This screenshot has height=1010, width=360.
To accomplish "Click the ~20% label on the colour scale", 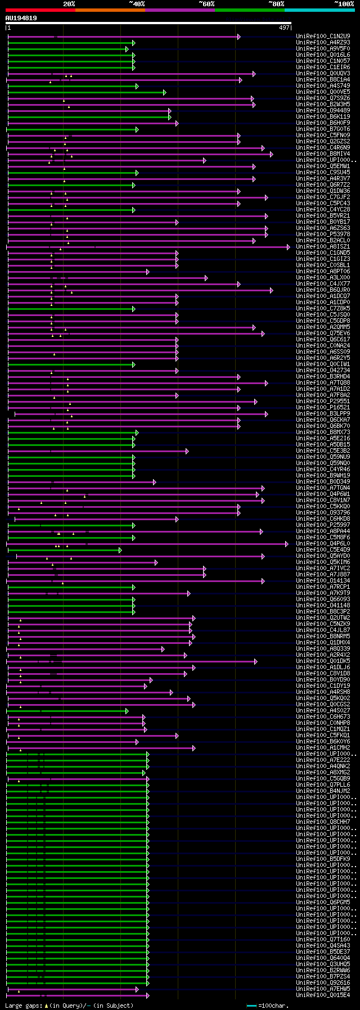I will [69, 4].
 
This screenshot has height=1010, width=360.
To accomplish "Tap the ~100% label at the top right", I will [344, 4].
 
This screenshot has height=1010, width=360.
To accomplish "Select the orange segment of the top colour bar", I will [110, 10].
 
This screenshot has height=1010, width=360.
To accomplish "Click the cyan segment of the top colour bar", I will [319, 10].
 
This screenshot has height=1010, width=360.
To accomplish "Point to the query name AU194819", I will [21, 18].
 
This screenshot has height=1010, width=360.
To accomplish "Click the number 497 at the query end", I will [284, 28].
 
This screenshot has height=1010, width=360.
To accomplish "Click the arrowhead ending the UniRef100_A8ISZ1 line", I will [289, 247].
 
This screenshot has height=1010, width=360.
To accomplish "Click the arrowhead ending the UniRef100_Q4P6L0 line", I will [287, 544].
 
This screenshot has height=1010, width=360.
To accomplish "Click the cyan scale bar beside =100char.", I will [251, 1006].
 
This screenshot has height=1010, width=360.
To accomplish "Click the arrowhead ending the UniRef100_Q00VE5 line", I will [165, 92].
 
